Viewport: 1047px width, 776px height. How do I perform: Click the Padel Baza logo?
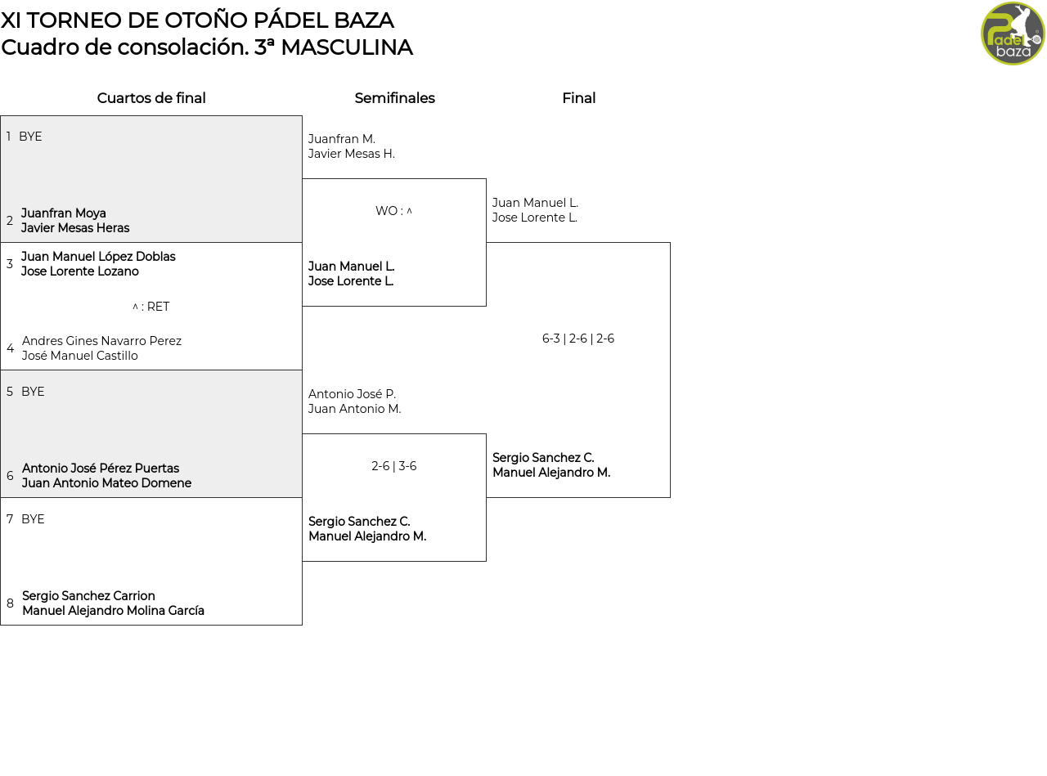(x=1012, y=34)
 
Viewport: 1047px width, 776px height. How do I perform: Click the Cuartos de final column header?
(x=151, y=98)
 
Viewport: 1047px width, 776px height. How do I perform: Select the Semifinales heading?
(x=394, y=98)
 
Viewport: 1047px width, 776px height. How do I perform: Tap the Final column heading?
(x=578, y=98)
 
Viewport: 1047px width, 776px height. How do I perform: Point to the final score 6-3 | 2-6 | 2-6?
(x=577, y=339)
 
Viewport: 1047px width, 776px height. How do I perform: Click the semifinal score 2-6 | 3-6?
(x=393, y=466)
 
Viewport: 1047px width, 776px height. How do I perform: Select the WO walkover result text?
(x=393, y=211)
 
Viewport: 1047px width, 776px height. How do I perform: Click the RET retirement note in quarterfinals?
(x=151, y=307)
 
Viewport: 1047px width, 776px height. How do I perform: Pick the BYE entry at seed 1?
(x=30, y=137)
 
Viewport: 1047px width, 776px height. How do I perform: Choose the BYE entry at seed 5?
(x=33, y=392)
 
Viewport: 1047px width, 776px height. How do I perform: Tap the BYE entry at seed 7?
(x=33, y=518)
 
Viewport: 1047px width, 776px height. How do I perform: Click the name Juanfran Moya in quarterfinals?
(x=63, y=213)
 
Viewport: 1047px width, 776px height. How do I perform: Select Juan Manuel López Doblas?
(x=98, y=256)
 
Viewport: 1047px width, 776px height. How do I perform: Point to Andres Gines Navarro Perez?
(x=101, y=341)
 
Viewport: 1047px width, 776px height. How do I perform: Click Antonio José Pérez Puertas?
(x=101, y=469)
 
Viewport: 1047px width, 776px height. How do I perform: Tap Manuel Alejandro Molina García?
(x=114, y=610)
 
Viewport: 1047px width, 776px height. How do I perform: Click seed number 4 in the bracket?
(x=11, y=348)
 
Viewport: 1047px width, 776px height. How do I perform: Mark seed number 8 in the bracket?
(x=10, y=603)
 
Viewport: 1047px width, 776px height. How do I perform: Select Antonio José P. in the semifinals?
(x=353, y=393)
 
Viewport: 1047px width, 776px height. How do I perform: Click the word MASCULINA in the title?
(x=347, y=47)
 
